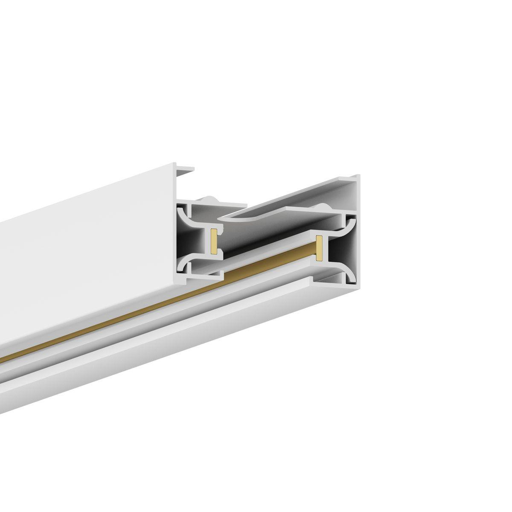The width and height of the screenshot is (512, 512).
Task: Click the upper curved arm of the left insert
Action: (188, 215)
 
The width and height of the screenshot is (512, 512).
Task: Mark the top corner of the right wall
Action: (358, 176)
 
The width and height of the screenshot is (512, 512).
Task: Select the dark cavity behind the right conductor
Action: (337, 250)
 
